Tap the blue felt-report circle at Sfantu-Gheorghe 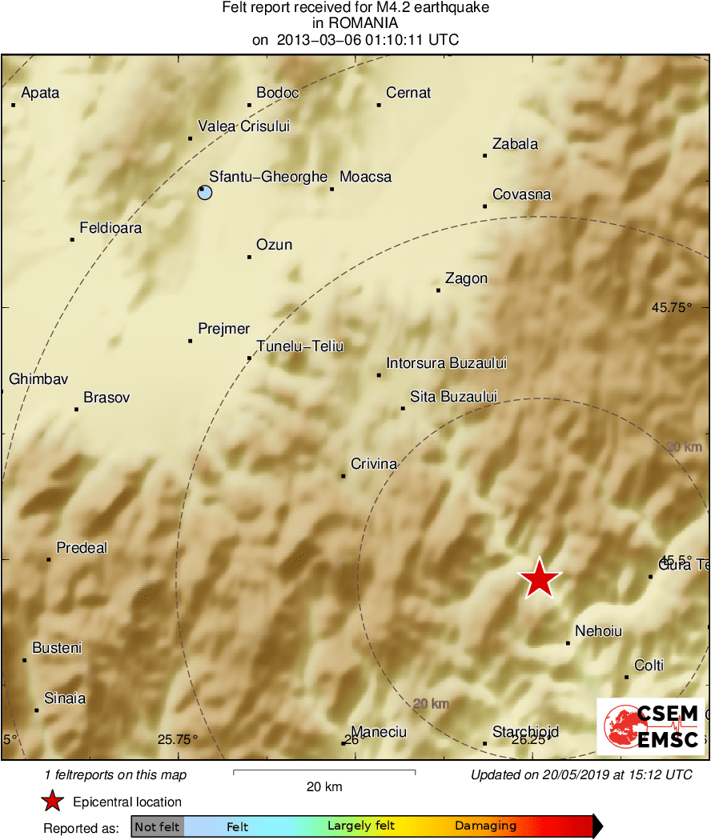click(x=205, y=192)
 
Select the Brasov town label click(x=106, y=398)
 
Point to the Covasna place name click(x=521, y=194)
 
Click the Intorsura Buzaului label click(x=446, y=363)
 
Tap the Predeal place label click(x=82, y=548)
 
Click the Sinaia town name click(x=65, y=698)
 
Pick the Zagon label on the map click(x=466, y=278)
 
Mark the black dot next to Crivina click(x=343, y=476)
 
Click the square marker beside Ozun click(x=249, y=257)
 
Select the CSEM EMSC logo click(x=649, y=726)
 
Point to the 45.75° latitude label click(x=671, y=306)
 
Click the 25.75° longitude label click(x=178, y=740)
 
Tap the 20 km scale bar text click(x=324, y=786)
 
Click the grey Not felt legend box click(x=157, y=826)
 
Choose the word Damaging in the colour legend click(x=485, y=826)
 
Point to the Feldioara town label click(x=110, y=228)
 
